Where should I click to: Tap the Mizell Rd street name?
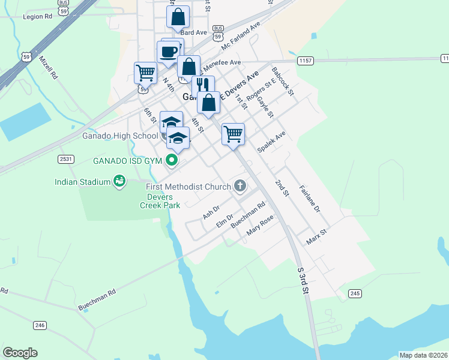coord(48,68)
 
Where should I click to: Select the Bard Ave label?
coord(193,32)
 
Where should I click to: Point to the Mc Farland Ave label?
coord(241,37)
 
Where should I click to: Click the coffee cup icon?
coord(169,51)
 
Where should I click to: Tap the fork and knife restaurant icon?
coord(203,85)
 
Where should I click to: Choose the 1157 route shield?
coord(305,61)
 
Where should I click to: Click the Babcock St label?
coord(282,81)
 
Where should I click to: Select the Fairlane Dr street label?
coord(310,199)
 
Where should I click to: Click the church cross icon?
coord(240,186)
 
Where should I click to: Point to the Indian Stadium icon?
coord(119,181)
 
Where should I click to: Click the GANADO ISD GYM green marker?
coord(172,160)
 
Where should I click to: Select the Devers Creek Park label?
coord(160,201)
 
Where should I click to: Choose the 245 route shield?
coord(355,293)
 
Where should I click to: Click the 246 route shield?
coord(40,325)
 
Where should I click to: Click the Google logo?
coord(20,353)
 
